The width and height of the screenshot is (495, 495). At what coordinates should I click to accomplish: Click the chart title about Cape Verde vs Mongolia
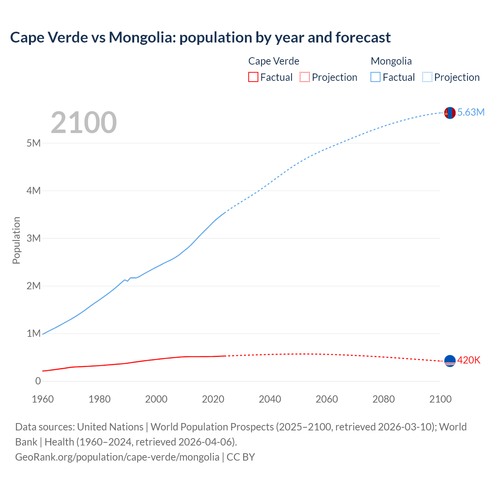click(200, 38)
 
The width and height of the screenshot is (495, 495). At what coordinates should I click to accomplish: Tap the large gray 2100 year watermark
click(84, 123)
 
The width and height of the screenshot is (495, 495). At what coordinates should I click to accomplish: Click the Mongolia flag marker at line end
click(450, 113)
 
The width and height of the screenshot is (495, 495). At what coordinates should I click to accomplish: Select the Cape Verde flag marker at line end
click(450, 361)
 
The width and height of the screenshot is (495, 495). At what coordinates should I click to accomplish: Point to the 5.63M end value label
click(471, 112)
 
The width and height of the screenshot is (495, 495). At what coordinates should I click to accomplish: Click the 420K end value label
click(469, 360)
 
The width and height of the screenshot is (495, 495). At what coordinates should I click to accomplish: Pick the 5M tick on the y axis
click(34, 143)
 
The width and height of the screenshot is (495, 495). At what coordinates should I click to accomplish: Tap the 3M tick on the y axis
click(34, 238)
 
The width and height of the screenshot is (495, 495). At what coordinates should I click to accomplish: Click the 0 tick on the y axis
click(38, 381)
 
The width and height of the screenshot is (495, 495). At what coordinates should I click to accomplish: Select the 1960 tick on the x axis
click(43, 399)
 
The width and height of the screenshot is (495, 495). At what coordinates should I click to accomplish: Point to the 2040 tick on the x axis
click(270, 399)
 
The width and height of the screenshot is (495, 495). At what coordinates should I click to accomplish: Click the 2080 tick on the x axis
click(384, 399)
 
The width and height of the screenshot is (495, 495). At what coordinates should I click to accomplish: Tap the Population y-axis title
click(16, 240)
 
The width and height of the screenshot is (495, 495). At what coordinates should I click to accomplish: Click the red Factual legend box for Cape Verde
click(253, 77)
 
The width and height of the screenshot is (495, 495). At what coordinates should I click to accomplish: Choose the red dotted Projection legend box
click(305, 77)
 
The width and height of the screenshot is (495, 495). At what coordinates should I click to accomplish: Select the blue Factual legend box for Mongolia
click(376, 77)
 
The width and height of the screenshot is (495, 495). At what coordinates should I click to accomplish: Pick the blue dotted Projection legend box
click(427, 77)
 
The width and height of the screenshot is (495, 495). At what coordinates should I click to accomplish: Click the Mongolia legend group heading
click(391, 61)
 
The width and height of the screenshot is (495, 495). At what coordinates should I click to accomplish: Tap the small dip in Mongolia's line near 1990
click(127, 281)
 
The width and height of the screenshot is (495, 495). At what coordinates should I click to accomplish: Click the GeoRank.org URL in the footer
click(117, 457)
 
